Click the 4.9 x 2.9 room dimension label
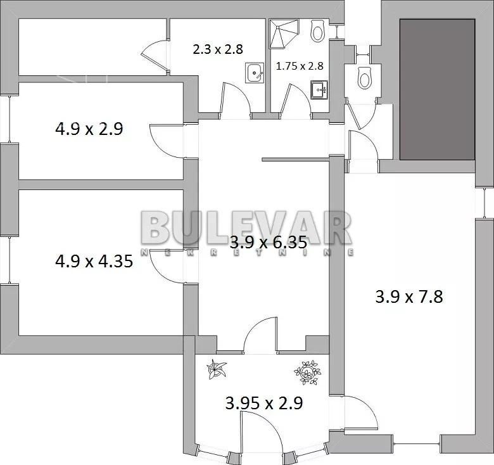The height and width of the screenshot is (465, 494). click(x=89, y=129)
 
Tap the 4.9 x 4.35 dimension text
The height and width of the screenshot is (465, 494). click(x=94, y=261)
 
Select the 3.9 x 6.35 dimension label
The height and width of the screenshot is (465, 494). click(x=269, y=243)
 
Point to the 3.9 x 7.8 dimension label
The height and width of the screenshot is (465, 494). click(x=409, y=296)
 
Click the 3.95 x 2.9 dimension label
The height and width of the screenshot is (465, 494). click(x=264, y=403)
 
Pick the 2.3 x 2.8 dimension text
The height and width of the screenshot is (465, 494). click(x=218, y=49)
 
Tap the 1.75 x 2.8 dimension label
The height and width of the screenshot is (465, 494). click(x=300, y=66)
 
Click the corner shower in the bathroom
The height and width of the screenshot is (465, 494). click(x=283, y=34)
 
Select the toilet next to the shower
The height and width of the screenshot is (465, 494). click(x=317, y=30)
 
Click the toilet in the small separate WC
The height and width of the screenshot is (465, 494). click(x=365, y=77)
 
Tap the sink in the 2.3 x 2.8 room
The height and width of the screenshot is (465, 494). click(x=254, y=73)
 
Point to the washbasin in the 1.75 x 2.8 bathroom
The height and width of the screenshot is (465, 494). click(x=319, y=90)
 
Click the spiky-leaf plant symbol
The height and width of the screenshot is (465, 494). click(x=217, y=369)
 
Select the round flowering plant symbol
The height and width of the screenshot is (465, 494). click(x=307, y=373)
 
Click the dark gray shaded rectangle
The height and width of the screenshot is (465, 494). click(x=437, y=89)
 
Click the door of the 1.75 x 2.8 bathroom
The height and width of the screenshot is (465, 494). click(x=294, y=100)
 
